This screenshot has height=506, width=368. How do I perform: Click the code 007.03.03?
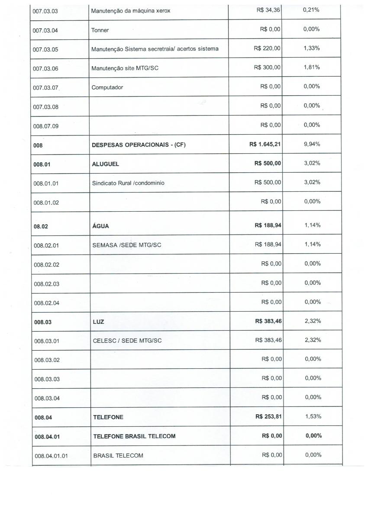(45, 11)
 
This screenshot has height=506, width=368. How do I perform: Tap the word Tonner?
(100, 30)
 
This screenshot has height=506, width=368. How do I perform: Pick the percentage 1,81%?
(312, 68)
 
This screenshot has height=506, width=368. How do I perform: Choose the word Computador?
(107, 87)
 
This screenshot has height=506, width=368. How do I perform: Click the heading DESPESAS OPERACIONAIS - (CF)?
(139, 145)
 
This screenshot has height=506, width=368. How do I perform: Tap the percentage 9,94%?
(312, 144)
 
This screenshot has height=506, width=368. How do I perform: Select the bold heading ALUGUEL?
(105, 164)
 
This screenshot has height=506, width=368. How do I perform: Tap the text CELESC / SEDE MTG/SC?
(127, 340)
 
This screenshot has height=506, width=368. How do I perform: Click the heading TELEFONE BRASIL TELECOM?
(135, 436)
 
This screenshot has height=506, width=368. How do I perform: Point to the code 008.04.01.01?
(51, 455)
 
